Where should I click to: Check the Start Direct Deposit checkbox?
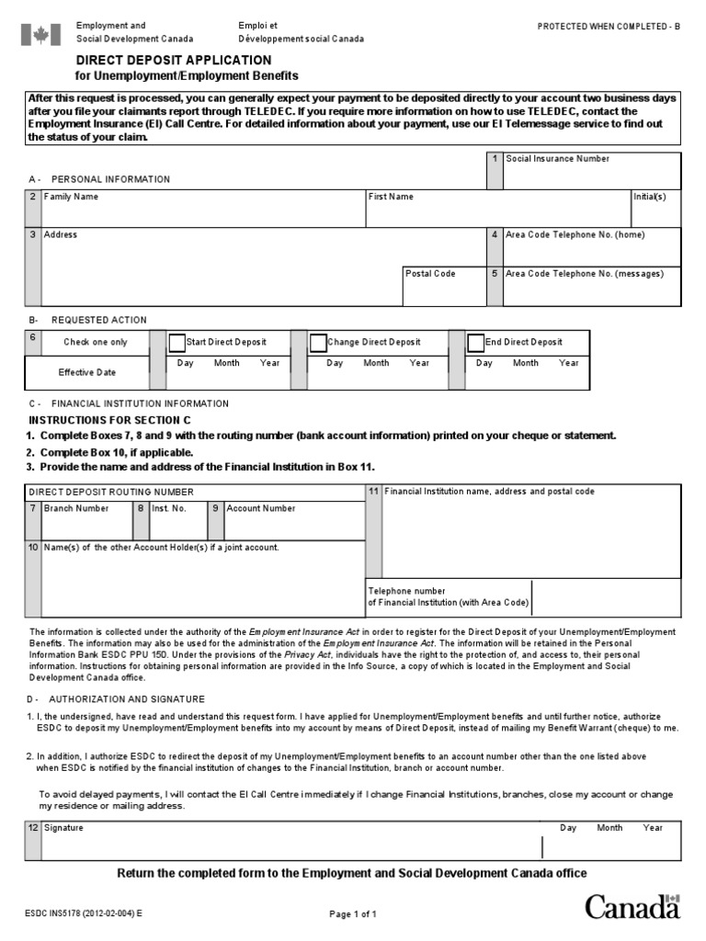tap(176, 343)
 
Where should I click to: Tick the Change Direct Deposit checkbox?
tap(318, 343)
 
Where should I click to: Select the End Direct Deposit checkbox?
tap(475, 343)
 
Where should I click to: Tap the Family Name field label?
tap(71, 197)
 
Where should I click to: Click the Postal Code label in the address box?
tap(431, 274)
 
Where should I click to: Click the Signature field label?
tap(63, 828)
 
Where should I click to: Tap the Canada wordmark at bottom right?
tap(632, 908)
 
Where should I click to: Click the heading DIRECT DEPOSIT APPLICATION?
tap(173, 60)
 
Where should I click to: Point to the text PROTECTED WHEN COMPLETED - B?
tap(609, 27)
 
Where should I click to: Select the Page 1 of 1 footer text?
tap(353, 914)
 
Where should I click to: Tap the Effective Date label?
tap(87, 373)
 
